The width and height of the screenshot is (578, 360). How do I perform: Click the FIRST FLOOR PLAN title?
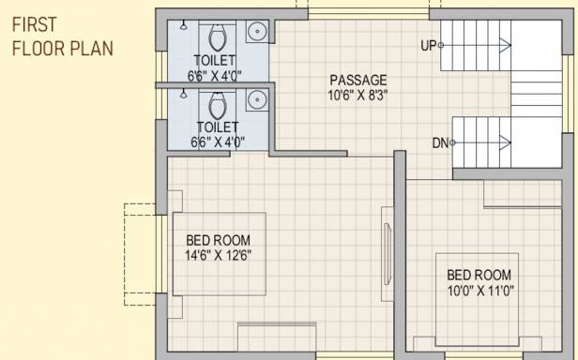[62, 37]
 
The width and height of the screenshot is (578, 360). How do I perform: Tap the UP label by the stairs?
[428, 45]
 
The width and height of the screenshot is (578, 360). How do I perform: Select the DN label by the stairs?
[440, 142]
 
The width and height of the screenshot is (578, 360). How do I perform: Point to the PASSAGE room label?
[358, 80]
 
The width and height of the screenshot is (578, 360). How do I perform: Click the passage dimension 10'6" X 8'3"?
[357, 96]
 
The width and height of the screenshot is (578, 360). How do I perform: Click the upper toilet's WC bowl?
[218, 37]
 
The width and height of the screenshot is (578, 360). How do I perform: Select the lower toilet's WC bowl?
[218, 105]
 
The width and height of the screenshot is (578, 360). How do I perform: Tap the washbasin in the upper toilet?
[258, 31]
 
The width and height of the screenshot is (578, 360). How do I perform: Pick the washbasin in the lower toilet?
[258, 99]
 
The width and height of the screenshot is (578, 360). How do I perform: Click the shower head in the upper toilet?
[183, 25]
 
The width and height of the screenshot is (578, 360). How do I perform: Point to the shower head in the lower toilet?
[183, 94]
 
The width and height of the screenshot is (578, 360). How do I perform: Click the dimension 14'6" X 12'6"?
[219, 255]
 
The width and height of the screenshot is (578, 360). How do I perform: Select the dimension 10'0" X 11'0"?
[480, 291]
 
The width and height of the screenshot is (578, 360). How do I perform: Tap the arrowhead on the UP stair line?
[506, 45]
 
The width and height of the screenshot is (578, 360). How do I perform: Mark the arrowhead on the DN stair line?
[506, 142]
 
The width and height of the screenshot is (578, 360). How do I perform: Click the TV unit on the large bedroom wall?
[388, 254]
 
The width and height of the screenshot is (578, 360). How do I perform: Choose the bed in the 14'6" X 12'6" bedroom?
[220, 254]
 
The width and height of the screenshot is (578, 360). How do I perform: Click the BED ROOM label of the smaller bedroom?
[479, 275]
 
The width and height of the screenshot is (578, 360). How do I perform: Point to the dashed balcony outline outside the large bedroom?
[124, 254]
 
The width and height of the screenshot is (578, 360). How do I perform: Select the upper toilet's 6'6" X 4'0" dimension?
[214, 76]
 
